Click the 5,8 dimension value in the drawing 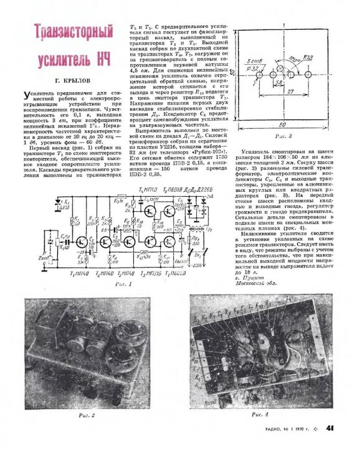point(277,82)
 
